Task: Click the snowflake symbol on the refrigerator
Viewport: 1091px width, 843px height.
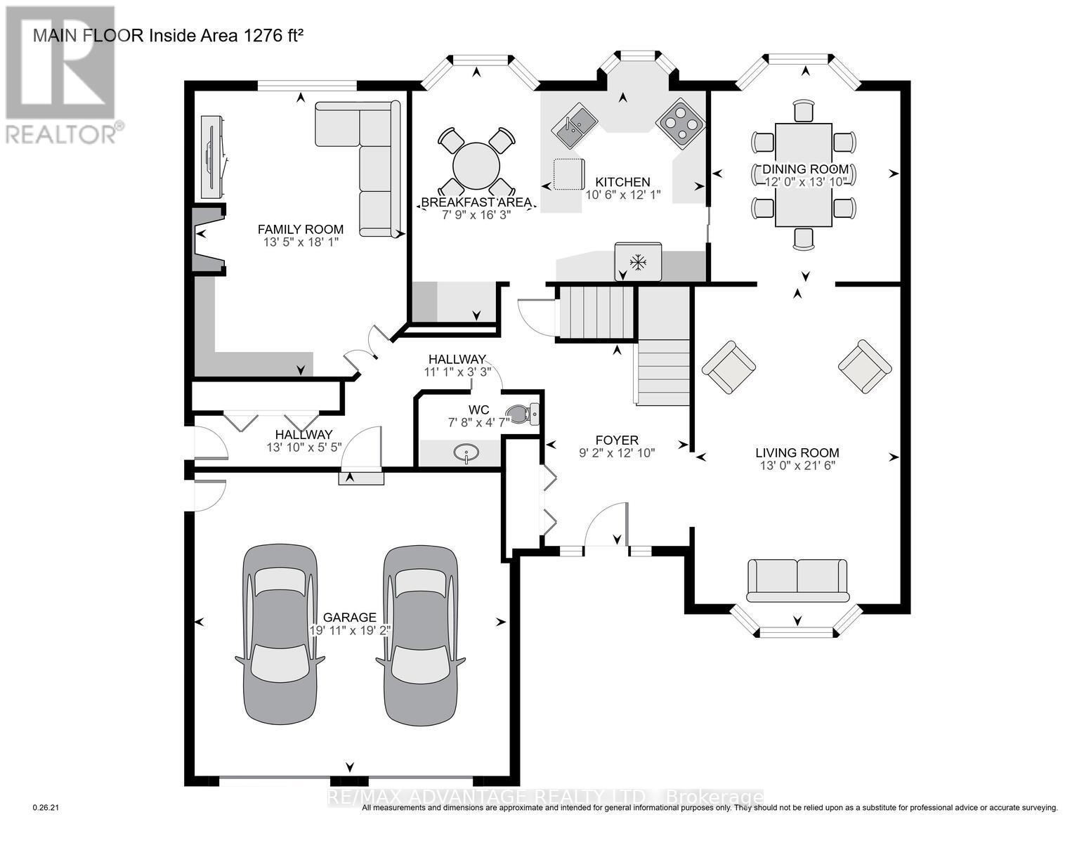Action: coord(638,262)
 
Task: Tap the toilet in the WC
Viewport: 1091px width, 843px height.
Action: coord(523,414)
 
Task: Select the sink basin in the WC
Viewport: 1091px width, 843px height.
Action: coord(466,453)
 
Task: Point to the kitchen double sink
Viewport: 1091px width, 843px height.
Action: coord(575,126)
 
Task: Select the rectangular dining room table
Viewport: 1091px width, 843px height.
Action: coord(804,175)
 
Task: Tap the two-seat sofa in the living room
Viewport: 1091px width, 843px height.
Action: coord(797,580)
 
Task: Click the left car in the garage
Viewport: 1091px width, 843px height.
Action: coord(280,634)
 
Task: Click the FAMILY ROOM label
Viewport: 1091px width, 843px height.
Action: coord(301,230)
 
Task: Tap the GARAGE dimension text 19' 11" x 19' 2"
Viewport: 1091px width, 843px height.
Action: coord(349,630)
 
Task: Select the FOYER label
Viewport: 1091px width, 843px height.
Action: coord(617,440)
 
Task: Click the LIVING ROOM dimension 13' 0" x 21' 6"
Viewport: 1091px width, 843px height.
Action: coord(797,466)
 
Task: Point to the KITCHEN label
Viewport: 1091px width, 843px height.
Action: coord(622,182)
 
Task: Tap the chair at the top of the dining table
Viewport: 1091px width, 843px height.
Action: coord(804,111)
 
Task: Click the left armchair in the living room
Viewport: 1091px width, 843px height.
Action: coord(729,367)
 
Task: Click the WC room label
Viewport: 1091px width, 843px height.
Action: coord(478,410)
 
